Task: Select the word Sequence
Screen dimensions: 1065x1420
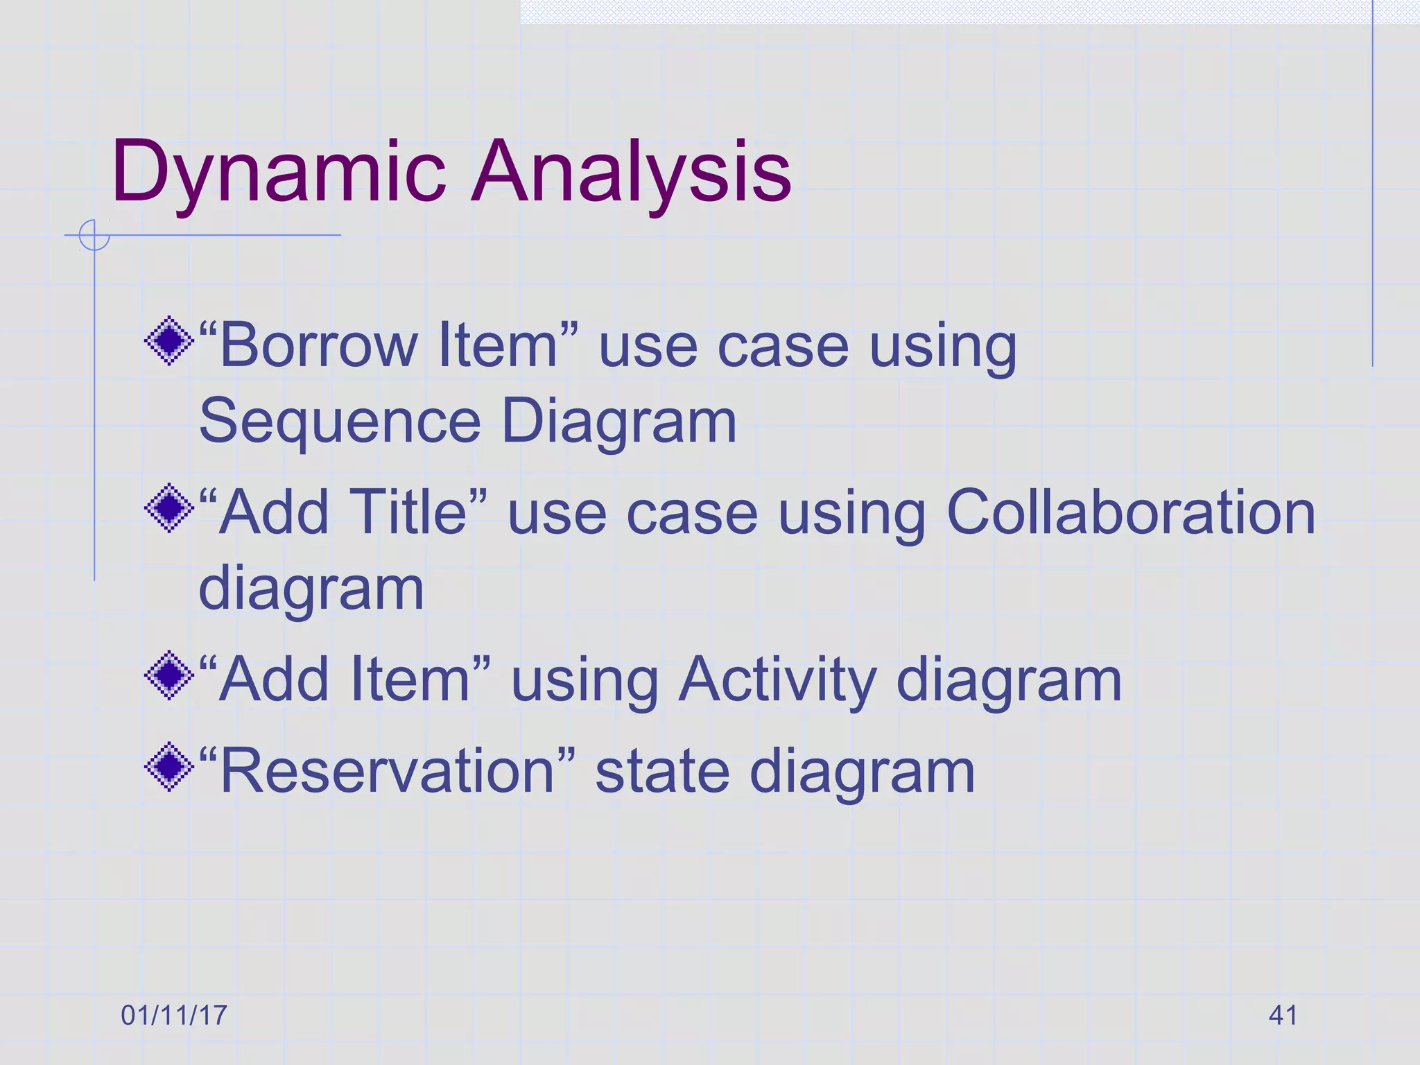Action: tap(340, 422)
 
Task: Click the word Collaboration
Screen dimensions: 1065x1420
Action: tap(1130, 513)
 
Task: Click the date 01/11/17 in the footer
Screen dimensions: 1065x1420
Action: tap(174, 1016)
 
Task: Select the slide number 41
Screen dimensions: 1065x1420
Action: tap(1283, 1016)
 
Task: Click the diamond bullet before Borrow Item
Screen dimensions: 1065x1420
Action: tap(169, 341)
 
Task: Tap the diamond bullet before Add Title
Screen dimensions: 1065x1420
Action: tap(169, 508)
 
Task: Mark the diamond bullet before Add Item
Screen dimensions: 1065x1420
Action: tap(169, 675)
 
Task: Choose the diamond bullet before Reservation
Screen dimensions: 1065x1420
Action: tap(169, 767)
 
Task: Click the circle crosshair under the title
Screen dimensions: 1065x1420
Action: tap(94, 235)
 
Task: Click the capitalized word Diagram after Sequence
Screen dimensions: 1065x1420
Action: tap(618, 422)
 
